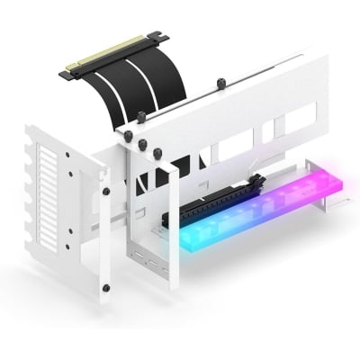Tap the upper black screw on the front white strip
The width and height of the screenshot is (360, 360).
point(106,191)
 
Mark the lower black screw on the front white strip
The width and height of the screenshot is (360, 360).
point(106,288)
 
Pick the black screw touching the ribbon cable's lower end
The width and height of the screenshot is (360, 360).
point(141,117)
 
